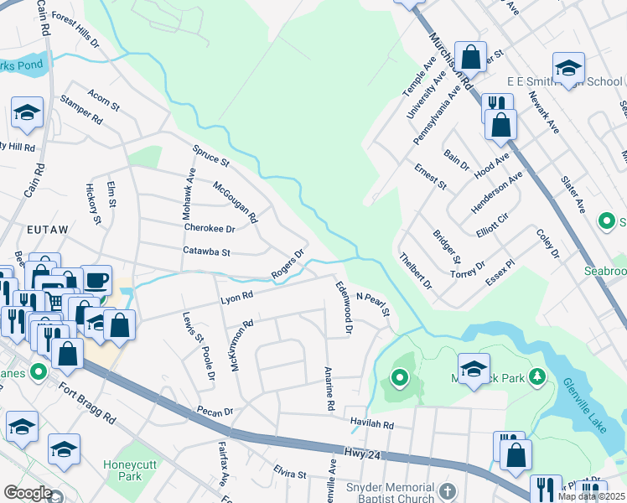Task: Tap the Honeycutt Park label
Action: [x=124, y=471]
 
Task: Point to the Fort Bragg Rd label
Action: [x=86, y=402]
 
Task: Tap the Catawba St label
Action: [x=206, y=250]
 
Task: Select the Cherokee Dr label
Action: [x=209, y=228]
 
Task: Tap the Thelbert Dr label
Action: [x=415, y=271]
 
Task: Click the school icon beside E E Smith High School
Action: [x=567, y=67]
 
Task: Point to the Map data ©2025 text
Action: [x=592, y=496]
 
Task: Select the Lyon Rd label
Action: [x=236, y=297]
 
